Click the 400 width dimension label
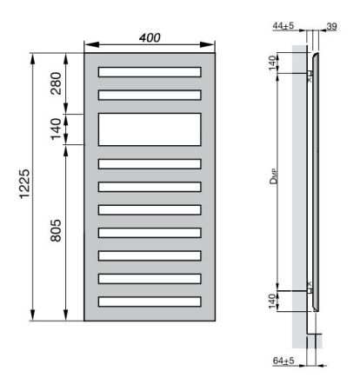point(151,38)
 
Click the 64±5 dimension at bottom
point(283,360)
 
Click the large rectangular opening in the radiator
point(150,129)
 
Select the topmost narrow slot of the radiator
point(150,71)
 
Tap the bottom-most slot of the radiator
point(150,302)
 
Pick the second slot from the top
point(150,94)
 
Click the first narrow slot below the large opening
point(150,162)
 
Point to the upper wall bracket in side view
point(310,75)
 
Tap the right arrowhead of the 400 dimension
point(211,48)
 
